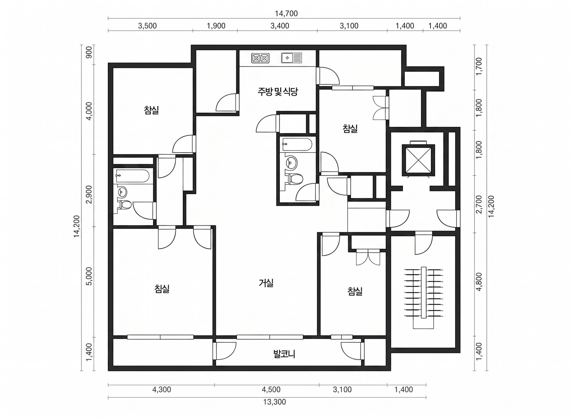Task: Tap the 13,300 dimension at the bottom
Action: pyautogui.click(x=274, y=402)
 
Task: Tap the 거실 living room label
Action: pyautogui.click(x=266, y=283)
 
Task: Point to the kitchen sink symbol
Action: pyautogui.click(x=291, y=58)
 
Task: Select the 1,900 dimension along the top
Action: pyautogui.click(x=216, y=26)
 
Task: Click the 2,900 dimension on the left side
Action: pyautogui.click(x=89, y=194)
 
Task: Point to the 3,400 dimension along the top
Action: pyautogui.click(x=280, y=26)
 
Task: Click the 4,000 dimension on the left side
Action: pyautogui.click(x=89, y=111)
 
